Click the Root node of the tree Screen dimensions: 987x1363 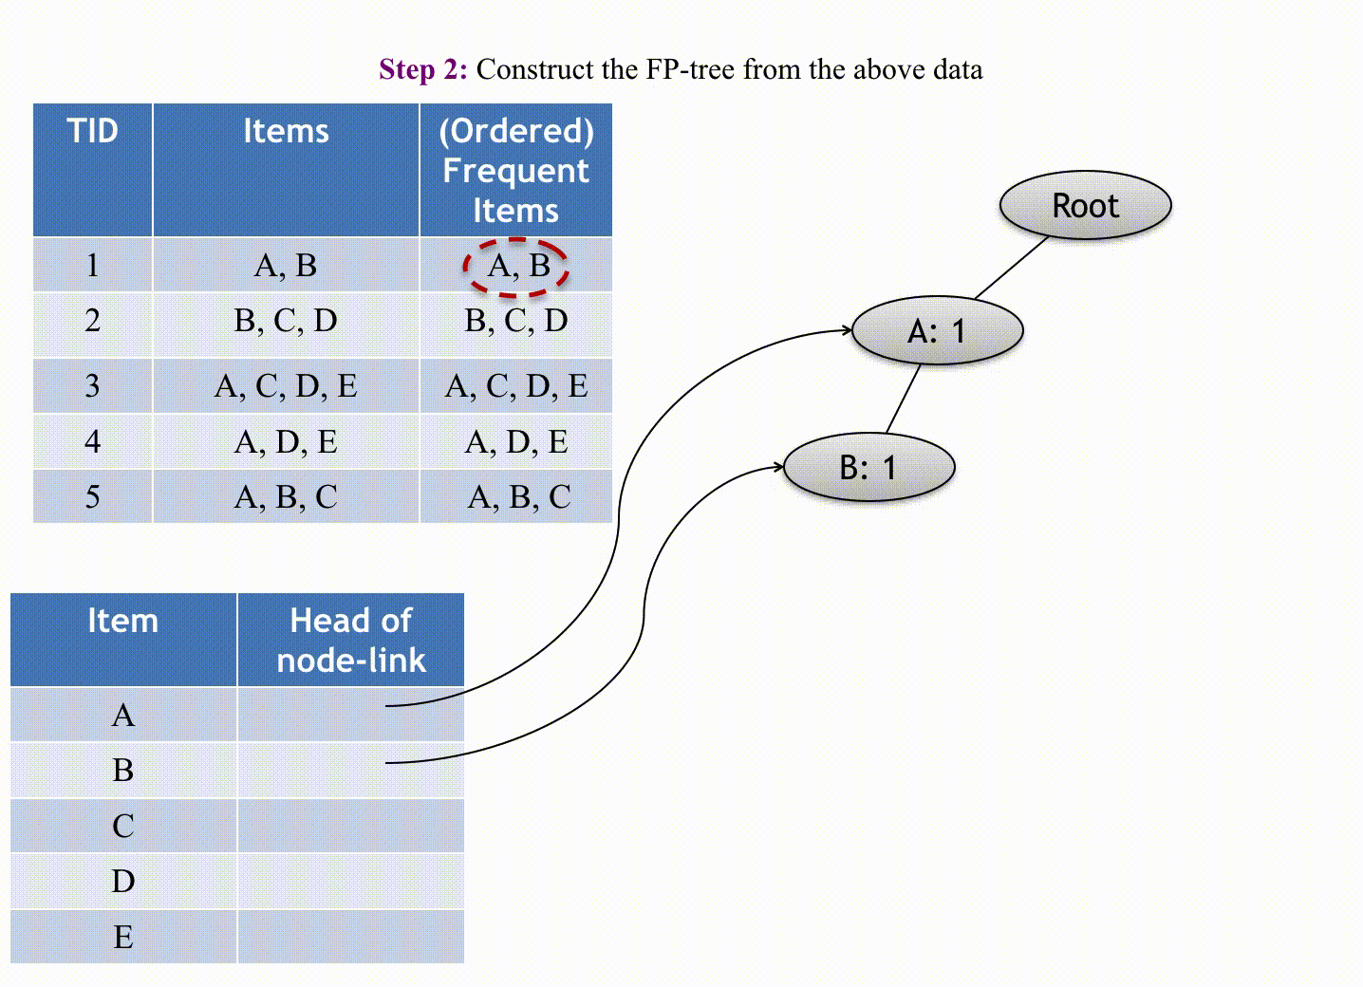click(1085, 205)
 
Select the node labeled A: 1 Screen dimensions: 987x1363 click(937, 330)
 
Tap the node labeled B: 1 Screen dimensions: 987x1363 click(868, 467)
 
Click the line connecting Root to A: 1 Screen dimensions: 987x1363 click(1011, 268)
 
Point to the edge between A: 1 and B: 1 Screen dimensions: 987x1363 click(903, 399)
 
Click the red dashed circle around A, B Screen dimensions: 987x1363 click(515, 266)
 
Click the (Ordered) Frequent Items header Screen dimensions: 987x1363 click(515, 170)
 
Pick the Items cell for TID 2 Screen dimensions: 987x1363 click(285, 321)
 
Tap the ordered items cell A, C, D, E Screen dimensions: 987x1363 click(515, 385)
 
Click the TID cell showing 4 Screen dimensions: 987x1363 click(92, 441)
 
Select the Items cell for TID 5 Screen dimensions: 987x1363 click(285, 496)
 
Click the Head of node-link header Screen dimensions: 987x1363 click(350, 640)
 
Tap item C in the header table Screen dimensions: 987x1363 click(122, 826)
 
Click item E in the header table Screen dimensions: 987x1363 click(122, 937)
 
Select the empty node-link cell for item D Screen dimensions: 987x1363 click(350, 881)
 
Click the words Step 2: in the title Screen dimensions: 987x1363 click(423, 69)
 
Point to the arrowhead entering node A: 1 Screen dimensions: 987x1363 click(848, 330)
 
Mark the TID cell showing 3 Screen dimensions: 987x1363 click(92, 385)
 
